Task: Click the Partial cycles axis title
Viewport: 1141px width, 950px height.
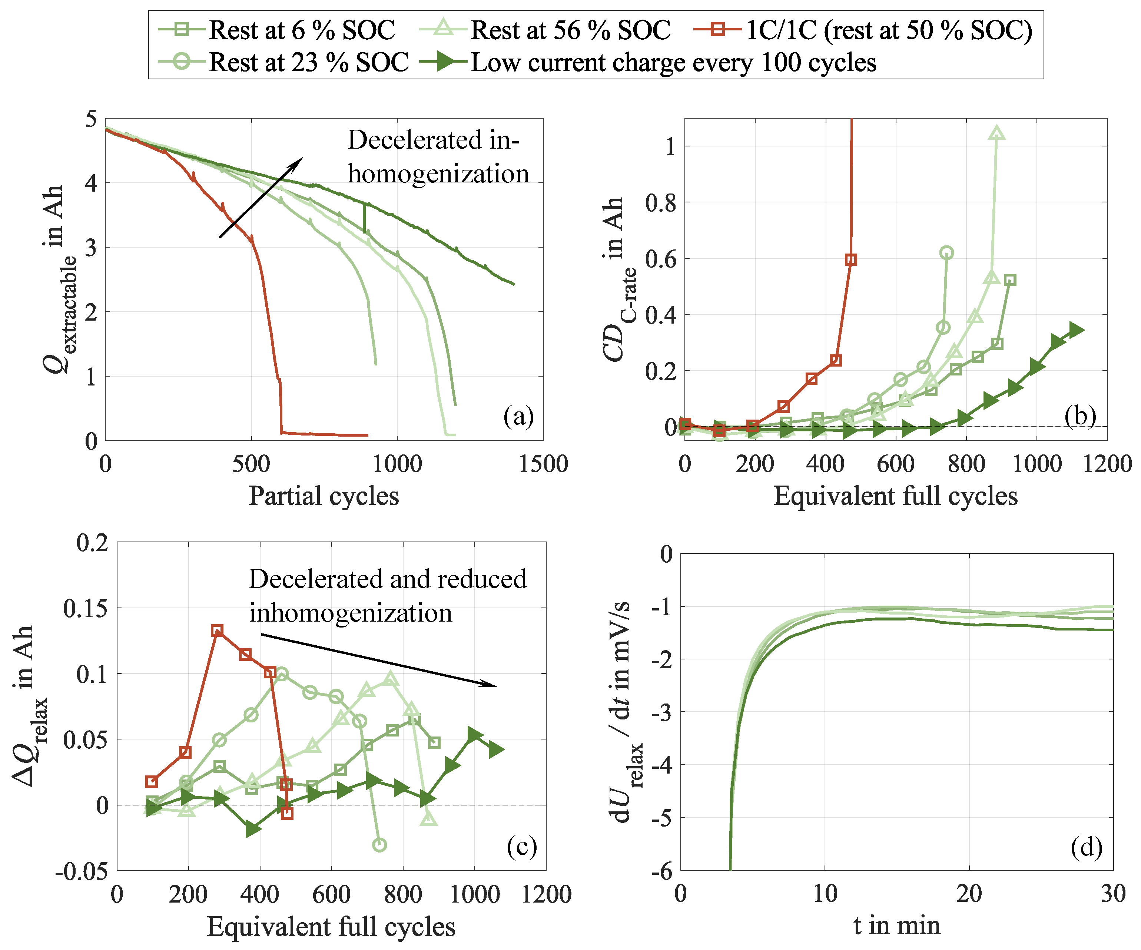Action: pyautogui.click(x=324, y=496)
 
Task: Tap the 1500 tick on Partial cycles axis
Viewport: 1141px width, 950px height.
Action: pyautogui.click(x=543, y=464)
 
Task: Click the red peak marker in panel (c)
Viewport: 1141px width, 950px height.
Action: pyautogui.click(x=217, y=630)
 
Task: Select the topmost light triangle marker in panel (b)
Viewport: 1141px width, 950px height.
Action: pyautogui.click(x=996, y=133)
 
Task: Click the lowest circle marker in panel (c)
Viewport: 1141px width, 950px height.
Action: pyautogui.click(x=380, y=845)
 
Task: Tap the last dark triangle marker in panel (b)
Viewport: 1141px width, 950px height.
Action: pyautogui.click(x=1077, y=330)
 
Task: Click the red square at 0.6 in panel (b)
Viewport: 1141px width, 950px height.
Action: pyautogui.click(x=851, y=260)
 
